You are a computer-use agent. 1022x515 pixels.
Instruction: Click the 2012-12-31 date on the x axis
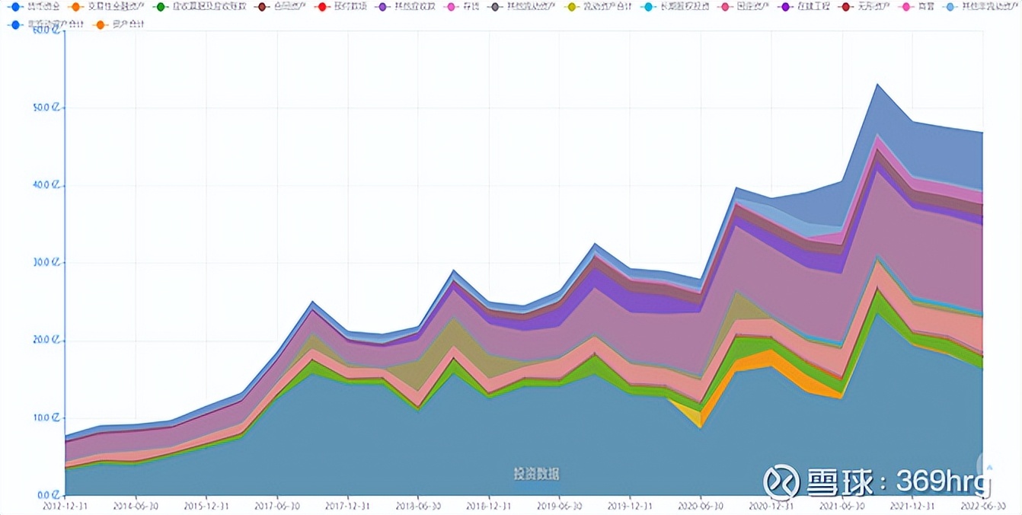coord(65,505)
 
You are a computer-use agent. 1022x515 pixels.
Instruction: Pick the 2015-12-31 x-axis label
coord(206,505)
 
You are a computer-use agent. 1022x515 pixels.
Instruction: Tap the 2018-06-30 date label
coord(418,505)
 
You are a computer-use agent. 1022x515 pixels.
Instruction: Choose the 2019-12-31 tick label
coord(630,505)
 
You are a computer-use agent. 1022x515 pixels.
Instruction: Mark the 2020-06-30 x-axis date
coord(701,505)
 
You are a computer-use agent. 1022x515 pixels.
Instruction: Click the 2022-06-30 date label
coord(982,505)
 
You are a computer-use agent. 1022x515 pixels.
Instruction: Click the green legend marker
coord(160,7)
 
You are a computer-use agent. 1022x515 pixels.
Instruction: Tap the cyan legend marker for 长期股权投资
coord(648,7)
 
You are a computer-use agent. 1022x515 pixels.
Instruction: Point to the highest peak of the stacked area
coord(877,85)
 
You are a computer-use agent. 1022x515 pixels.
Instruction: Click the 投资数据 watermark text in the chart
coord(536,474)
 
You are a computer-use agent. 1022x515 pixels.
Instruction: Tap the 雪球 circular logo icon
coord(781,481)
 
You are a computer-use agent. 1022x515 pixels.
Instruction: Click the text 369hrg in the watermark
coord(944,481)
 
